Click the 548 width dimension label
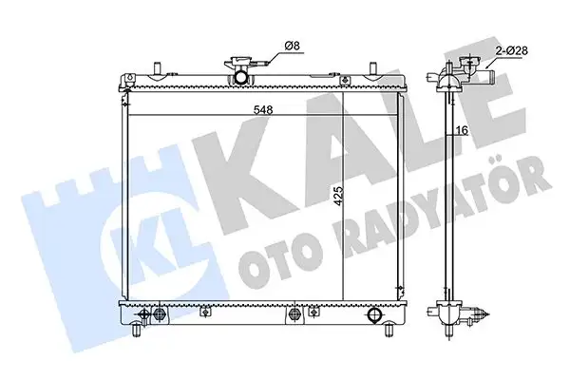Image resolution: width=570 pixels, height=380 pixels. [x=263, y=109]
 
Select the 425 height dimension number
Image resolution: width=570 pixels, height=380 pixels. [x=338, y=197]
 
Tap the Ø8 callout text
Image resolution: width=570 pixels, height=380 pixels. [x=292, y=46]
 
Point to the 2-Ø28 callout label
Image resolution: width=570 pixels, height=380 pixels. [x=511, y=50]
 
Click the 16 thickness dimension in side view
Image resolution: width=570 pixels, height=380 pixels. [x=462, y=130]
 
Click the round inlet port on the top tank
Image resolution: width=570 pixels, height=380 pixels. [x=240, y=77]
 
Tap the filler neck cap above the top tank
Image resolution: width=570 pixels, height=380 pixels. [x=238, y=62]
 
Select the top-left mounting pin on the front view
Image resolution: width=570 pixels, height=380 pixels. [x=157, y=68]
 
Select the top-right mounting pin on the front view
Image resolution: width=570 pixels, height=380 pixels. [x=373, y=68]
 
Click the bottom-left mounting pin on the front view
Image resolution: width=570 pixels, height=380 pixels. [x=137, y=331]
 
